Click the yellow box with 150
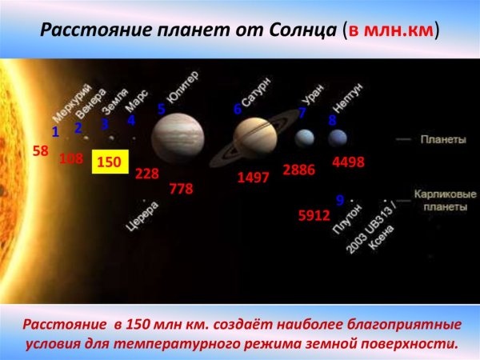109,162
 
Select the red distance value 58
41,150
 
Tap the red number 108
71,158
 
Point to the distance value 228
147,173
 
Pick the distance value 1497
253,178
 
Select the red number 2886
300,170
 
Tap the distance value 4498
348,162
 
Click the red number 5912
314,214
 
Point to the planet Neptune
337,138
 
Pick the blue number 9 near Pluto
340,200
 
